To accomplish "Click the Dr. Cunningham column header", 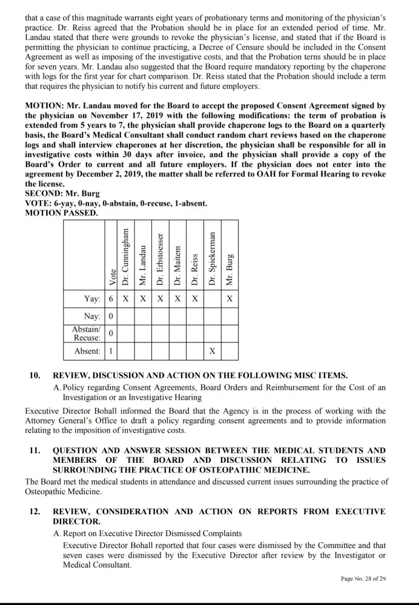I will [125, 257].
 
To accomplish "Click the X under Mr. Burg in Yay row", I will [229, 299].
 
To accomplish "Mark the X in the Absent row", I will [212, 351].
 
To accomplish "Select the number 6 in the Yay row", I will [111, 299].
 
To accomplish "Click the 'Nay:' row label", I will [92, 316].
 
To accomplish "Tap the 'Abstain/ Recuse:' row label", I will [86, 333].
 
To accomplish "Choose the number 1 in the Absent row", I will [111, 351].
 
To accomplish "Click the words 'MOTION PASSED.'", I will [61, 212].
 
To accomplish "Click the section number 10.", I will [35, 375].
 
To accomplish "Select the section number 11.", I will [35, 450].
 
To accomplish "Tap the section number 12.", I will [35, 511].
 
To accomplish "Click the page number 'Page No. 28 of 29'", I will [363, 578].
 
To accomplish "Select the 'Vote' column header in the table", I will [111, 276].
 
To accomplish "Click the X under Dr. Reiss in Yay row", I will [195, 299].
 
